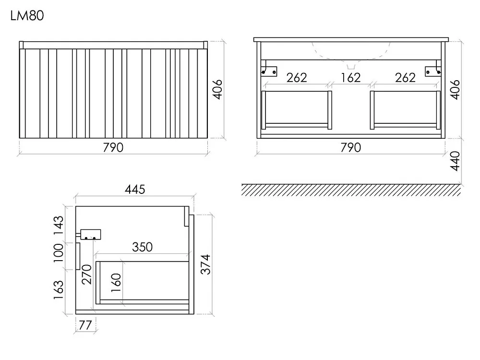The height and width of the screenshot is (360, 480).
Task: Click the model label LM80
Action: (27, 16)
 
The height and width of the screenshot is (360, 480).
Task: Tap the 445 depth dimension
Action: (135, 190)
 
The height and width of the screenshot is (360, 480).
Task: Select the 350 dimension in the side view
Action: (143, 247)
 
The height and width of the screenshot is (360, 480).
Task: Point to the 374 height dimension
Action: (206, 264)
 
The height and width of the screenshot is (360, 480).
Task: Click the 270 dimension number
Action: (86, 274)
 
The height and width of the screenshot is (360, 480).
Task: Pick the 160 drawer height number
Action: (116, 283)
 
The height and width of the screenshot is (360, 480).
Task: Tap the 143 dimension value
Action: (59, 225)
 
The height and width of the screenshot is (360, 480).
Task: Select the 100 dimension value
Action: (59, 253)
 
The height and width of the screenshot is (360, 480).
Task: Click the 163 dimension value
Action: (59, 289)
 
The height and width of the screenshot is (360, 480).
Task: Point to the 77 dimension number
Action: (85, 325)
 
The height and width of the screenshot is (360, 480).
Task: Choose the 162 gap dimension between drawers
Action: (350, 78)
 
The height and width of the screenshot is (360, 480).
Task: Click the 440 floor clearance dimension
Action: (455, 161)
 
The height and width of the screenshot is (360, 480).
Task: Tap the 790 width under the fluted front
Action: (113, 147)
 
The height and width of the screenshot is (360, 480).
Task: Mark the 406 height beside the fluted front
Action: (217, 89)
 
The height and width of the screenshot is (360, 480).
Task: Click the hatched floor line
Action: (351, 190)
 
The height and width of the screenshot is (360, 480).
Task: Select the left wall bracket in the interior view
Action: (268, 69)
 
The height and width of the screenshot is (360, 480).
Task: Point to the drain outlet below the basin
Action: (351, 66)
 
